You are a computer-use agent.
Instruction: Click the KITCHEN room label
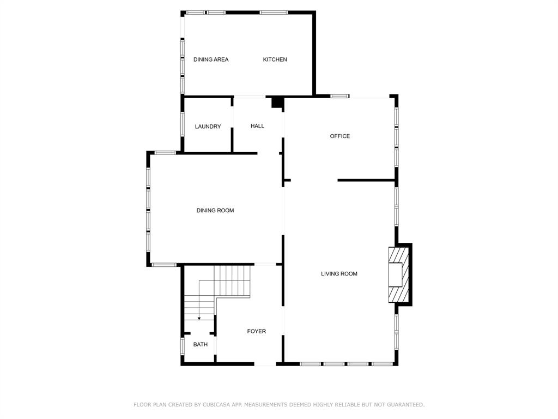pyautogui.click(x=275, y=59)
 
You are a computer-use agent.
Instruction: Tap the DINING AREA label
pyautogui.click(x=211, y=59)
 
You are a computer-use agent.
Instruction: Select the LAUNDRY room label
pyautogui.click(x=208, y=127)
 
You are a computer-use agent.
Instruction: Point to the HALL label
pyautogui.click(x=257, y=126)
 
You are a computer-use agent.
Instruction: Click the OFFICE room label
pyautogui.click(x=340, y=136)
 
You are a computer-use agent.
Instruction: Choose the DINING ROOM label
pyautogui.click(x=215, y=210)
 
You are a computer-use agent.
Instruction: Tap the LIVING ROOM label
pyautogui.click(x=339, y=273)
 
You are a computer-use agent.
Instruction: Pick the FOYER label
pyautogui.click(x=257, y=331)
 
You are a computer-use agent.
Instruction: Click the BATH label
pyautogui.click(x=201, y=344)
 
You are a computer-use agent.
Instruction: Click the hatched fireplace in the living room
pyautogui.click(x=398, y=274)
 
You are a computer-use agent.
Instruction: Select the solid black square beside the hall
pyautogui.click(x=277, y=102)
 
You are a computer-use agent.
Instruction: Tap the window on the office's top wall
pyautogui.click(x=340, y=97)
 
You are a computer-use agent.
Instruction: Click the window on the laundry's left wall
pyautogui.click(x=183, y=124)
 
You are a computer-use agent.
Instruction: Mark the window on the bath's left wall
pyautogui.click(x=183, y=346)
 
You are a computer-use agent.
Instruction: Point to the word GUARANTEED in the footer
pyautogui.click(x=404, y=404)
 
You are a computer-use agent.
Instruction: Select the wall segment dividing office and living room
pyautogui.click(x=366, y=180)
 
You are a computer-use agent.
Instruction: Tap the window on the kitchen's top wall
pyautogui.click(x=274, y=12)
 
